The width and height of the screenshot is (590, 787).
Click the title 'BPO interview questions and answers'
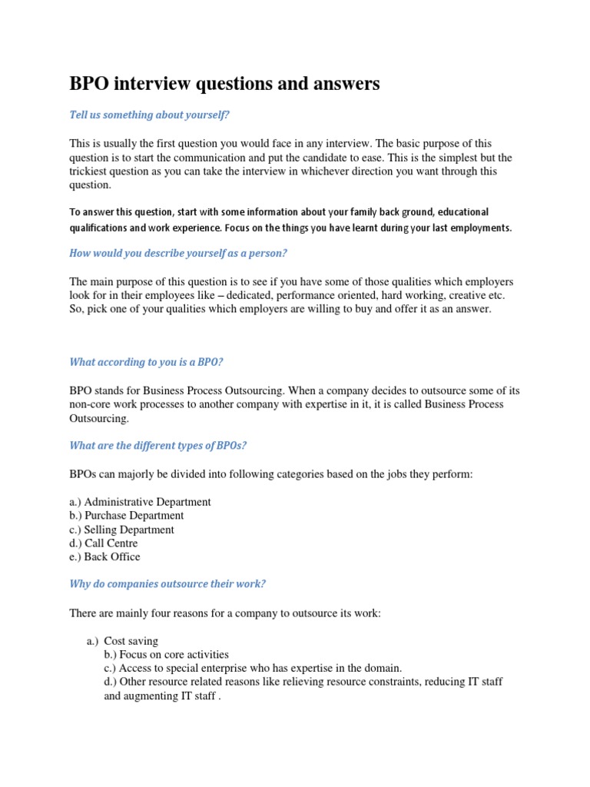[x=224, y=84]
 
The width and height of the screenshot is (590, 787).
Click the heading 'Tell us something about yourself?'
[x=150, y=115]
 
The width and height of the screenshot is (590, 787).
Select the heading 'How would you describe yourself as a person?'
[x=177, y=253]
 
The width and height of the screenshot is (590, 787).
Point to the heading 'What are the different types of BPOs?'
[x=158, y=446]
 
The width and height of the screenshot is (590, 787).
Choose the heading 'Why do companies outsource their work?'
[x=167, y=583]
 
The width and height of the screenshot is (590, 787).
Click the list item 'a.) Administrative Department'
[x=140, y=502]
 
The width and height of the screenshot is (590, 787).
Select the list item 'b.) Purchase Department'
[x=127, y=516]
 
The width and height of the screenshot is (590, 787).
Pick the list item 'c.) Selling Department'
[x=121, y=530]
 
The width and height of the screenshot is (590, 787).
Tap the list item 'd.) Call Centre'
[x=104, y=543]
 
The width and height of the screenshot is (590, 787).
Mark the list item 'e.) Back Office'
[x=104, y=557]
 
